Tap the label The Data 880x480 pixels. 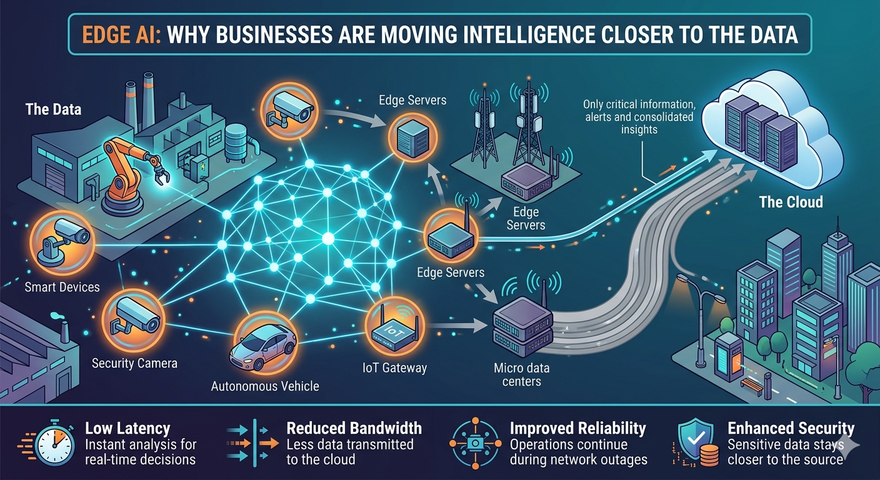(x=53, y=110)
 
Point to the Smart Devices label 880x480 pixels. (x=62, y=287)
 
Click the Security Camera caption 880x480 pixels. (x=134, y=363)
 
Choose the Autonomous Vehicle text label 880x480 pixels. (x=265, y=386)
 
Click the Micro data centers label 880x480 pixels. (x=521, y=374)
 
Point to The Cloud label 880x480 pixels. (x=791, y=202)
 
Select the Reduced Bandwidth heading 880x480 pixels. (x=354, y=429)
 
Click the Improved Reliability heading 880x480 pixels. (x=577, y=429)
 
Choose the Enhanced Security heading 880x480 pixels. (x=791, y=429)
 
